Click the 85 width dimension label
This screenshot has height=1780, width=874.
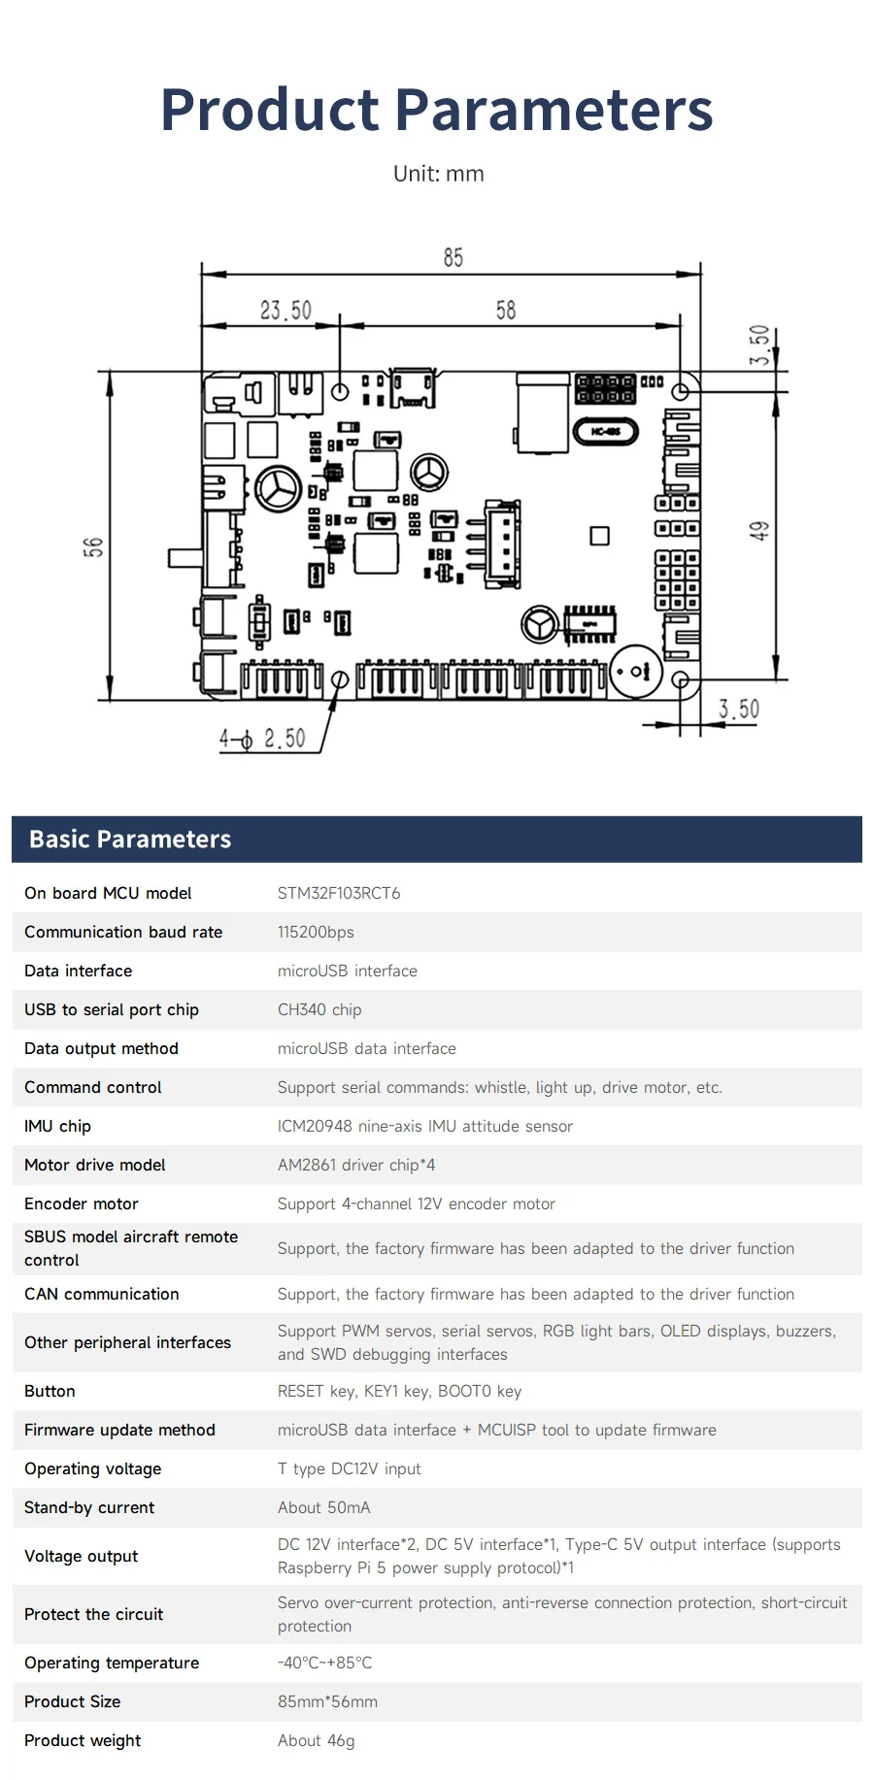pyautogui.click(x=453, y=257)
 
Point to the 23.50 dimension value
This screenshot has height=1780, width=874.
pyautogui.click(x=286, y=311)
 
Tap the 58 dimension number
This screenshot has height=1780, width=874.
pyautogui.click(x=506, y=310)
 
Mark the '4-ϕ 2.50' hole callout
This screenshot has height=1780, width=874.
pyautogui.click(x=262, y=739)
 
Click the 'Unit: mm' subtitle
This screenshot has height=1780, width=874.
pyautogui.click(x=438, y=174)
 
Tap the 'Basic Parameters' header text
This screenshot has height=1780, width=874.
pyautogui.click(x=130, y=840)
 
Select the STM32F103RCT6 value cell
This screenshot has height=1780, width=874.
pyautogui.click(x=339, y=893)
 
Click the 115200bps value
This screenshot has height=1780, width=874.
pyautogui.click(x=316, y=932)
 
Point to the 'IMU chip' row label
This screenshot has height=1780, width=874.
pyautogui.click(x=57, y=1126)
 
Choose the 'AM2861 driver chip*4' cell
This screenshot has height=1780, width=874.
pyautogui.click(x=356, y=1165)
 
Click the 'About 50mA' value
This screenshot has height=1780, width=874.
pyautogui.click(x=323, y=1507)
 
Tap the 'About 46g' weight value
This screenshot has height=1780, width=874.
pyautogui.click(x=316, y=1740)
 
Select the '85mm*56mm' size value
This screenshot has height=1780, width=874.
pyautogui.click(x=327, y=1701)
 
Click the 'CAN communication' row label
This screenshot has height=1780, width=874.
pyautogui.click(x=102, y=1294)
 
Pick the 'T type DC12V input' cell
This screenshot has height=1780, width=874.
pyautogui.click(x=350, y=1468)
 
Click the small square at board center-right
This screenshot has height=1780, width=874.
pyautogui.click(x=600, y=536)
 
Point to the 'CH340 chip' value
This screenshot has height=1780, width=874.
pyautogui.click(x=319, y=1009)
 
